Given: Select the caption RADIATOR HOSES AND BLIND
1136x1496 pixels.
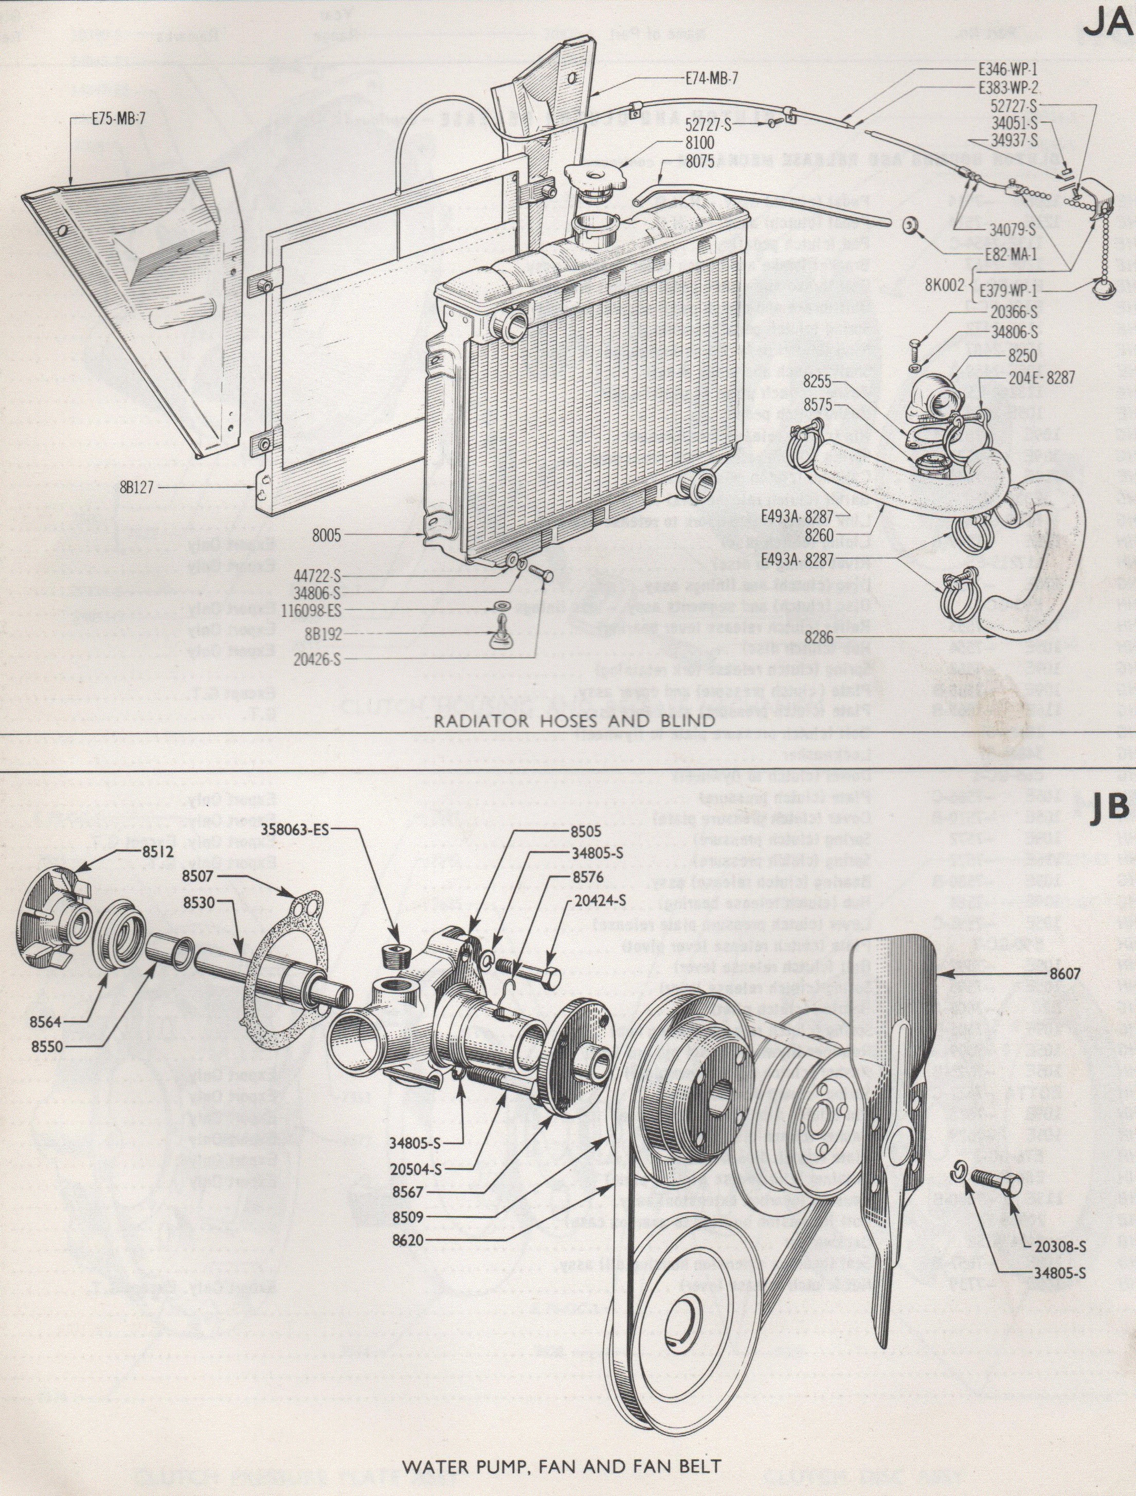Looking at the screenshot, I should [573, 720].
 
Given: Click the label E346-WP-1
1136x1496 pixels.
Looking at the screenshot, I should [1007, 69].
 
